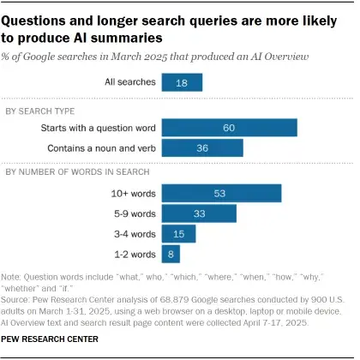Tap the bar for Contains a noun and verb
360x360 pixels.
point(202,147)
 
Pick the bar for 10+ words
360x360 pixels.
point(221,194)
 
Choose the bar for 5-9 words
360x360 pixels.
point(199,213)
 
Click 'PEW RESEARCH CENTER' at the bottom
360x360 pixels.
point(51,341)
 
